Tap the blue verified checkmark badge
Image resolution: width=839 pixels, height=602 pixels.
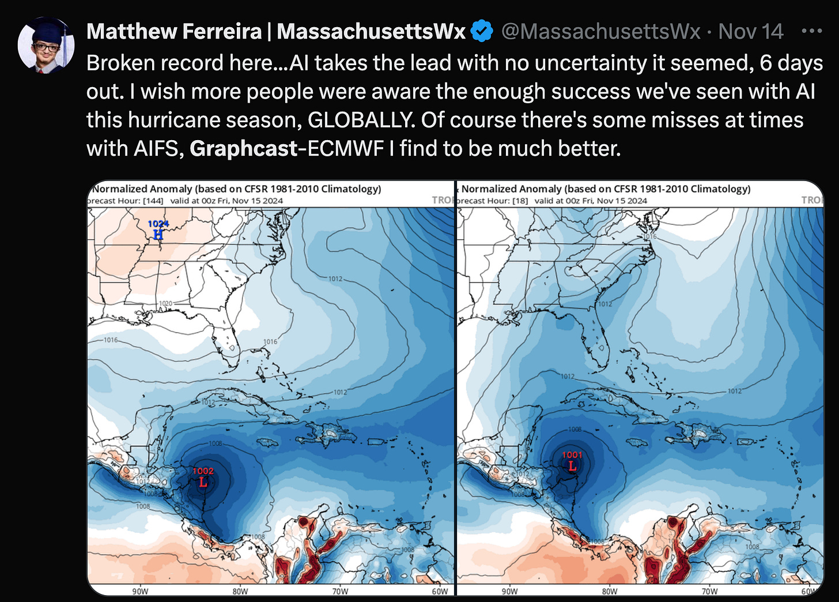coord(482,31)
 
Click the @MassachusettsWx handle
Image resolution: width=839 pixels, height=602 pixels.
coord(600,31)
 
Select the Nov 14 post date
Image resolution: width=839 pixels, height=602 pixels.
coord(751,31)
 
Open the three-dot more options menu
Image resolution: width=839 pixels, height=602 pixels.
coord(811,31)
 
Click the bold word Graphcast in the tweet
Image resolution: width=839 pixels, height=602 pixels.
coord(243,149)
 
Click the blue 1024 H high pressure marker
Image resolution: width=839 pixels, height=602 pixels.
coord(158,229)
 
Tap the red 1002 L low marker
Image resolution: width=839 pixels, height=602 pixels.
coord(203,477)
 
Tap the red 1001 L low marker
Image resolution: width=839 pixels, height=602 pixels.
coord(572,461)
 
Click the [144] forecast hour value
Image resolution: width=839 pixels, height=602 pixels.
coord(153,201)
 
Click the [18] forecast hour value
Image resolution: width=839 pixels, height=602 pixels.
coord(520,201)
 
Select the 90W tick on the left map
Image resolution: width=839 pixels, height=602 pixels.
coord(140,591)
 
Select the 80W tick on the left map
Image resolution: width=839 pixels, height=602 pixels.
coord(240,591)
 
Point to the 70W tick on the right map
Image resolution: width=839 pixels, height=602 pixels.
coord(709,591)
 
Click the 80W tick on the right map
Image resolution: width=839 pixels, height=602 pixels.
coord(610,591)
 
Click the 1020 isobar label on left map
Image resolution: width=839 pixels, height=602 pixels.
coord(165,303)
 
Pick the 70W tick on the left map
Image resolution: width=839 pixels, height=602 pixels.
coord(340,591)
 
